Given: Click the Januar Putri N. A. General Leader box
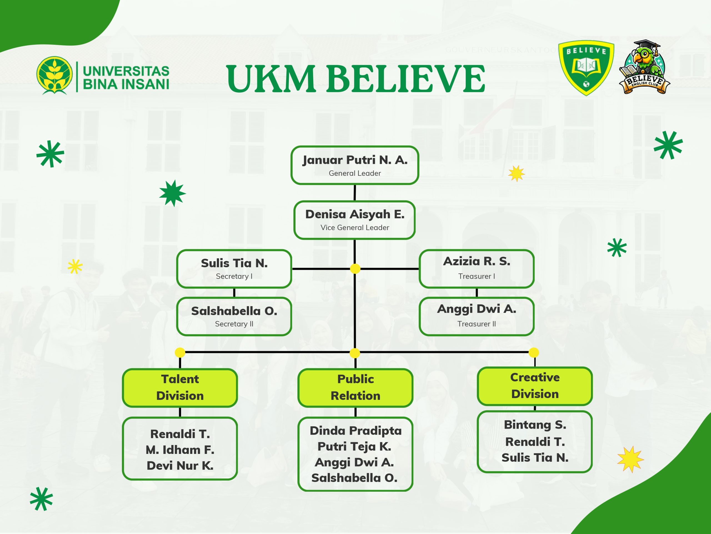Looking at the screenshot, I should click(x=355, y=165).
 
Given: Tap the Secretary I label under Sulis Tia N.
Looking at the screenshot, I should click(x=234, y=276).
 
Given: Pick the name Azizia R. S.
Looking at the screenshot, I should click(x=476, y=261).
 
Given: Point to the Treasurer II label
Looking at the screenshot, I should click(x=476, y=324).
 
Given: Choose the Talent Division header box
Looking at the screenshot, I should click(x=180, y=387).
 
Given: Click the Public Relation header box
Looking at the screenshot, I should click(x=355, y=387).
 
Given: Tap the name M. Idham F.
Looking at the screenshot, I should click(x=180, y=450).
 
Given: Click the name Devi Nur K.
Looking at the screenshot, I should click(x=180, y=465).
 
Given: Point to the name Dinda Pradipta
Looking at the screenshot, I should click(x=355, y=431).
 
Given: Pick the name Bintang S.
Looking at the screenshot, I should click(x=535, y=425).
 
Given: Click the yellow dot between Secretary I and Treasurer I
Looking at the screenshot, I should click(x=355, y=268).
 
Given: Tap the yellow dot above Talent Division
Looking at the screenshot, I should click(x=180, y=352).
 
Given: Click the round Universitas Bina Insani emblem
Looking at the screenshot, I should click(x=54, y=75).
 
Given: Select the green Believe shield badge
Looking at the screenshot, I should click(x=586, y=67).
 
